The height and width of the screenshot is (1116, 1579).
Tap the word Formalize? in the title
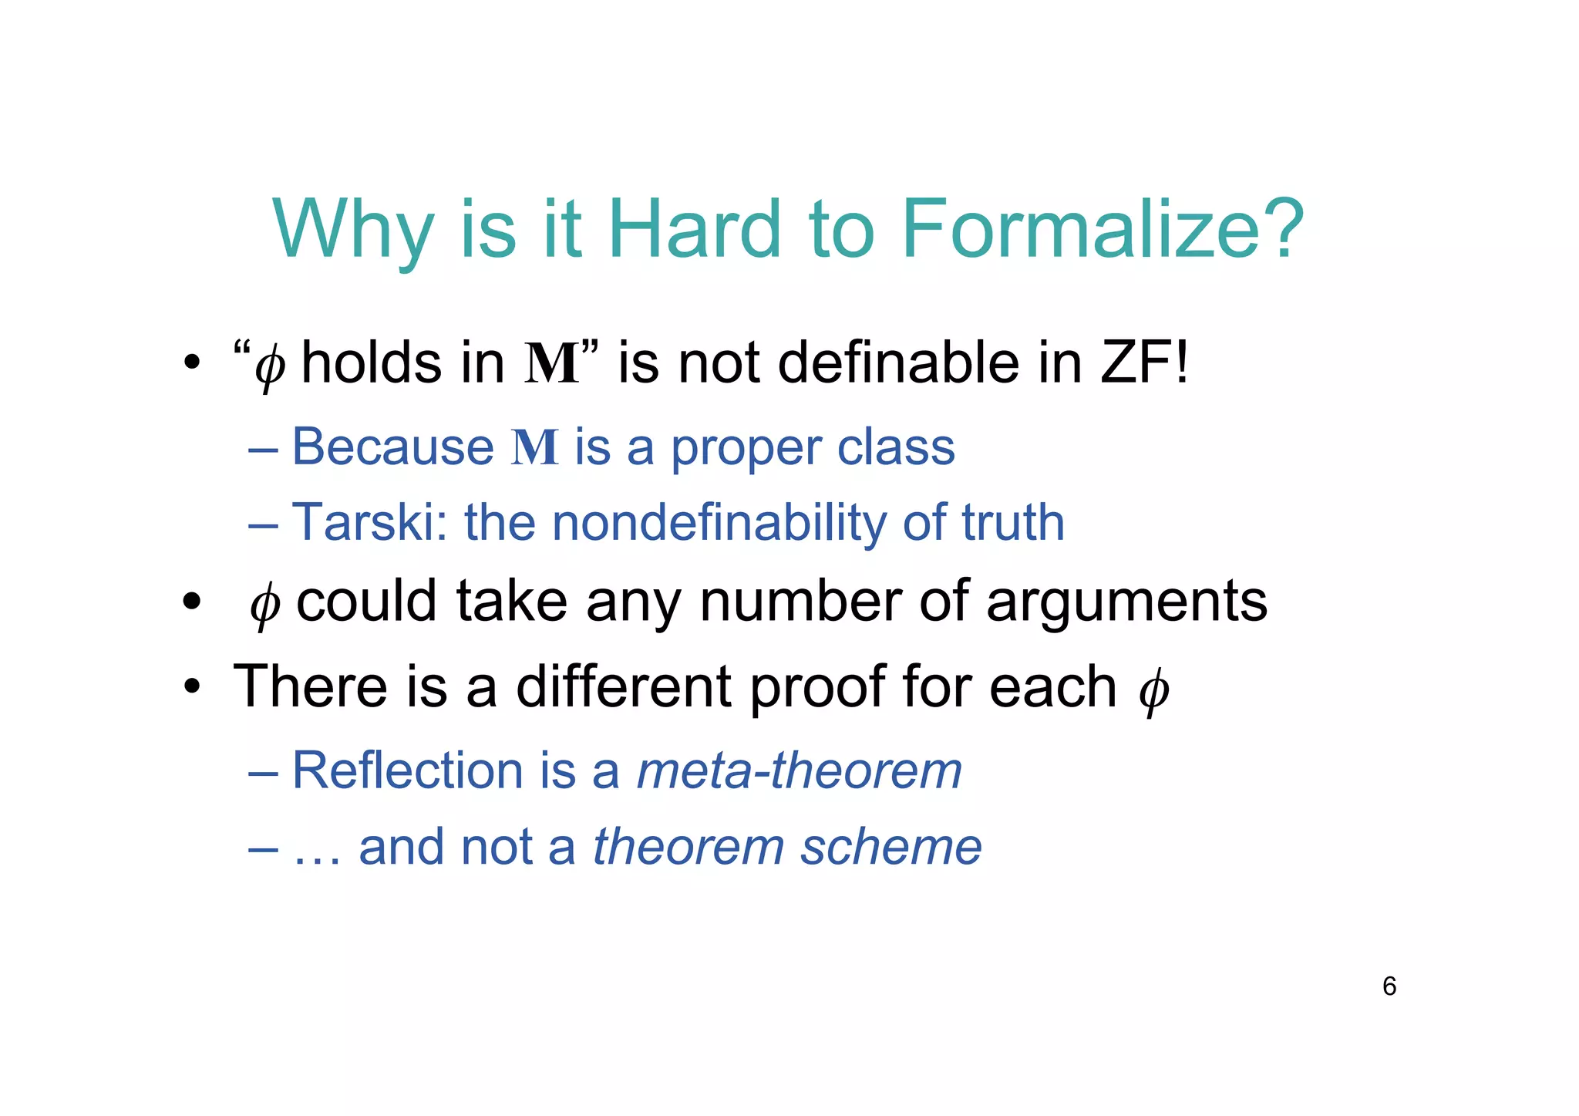(1103, 229)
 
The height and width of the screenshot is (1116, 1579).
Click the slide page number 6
(1389, 986)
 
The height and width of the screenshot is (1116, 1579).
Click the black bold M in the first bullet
(552, 363)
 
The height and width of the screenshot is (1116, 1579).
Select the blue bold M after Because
(534, 447)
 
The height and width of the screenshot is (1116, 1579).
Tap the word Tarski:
(370, 522)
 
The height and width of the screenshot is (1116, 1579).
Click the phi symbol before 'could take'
(264, 604)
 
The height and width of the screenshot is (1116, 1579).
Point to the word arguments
(1126, 602)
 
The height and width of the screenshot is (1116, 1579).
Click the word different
(623, 686)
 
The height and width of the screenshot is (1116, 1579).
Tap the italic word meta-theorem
(800, 770)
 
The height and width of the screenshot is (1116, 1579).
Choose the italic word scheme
(891, 847)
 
